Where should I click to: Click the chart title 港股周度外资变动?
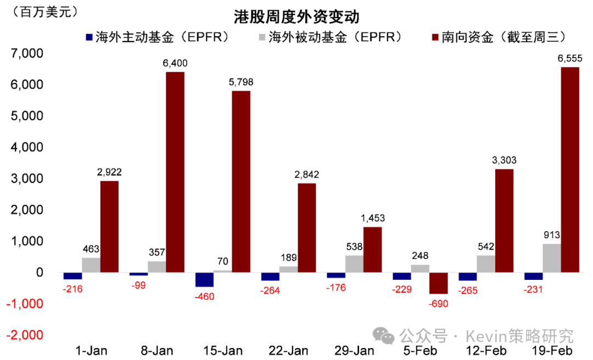point(296,16)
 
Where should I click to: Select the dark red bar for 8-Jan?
point(175,172)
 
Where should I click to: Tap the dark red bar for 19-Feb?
point(570,170)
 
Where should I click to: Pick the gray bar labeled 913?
point(552,258)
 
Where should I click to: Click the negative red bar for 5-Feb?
point(439,283)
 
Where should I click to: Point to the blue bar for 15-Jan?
point(204,279)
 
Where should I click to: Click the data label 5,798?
point(241,82)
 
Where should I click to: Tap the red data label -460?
point(204,297)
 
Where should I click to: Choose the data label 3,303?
point(504,160)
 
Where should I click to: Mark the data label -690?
point(439,303)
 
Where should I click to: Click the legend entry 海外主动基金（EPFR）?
point(156,37)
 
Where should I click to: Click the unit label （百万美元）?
point(41,12)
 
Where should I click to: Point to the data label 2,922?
point(109,172)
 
